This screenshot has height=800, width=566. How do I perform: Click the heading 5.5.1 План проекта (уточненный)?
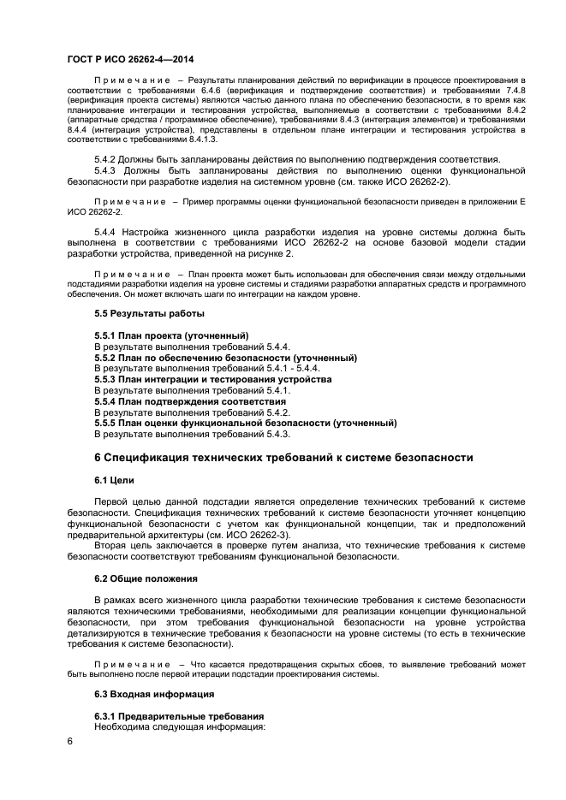pos(171,335)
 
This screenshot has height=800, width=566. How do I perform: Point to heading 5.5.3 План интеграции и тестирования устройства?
pos(212,378)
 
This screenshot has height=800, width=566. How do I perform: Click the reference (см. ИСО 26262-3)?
pos(242,535)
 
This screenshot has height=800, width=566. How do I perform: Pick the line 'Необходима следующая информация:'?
pos(180,726)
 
